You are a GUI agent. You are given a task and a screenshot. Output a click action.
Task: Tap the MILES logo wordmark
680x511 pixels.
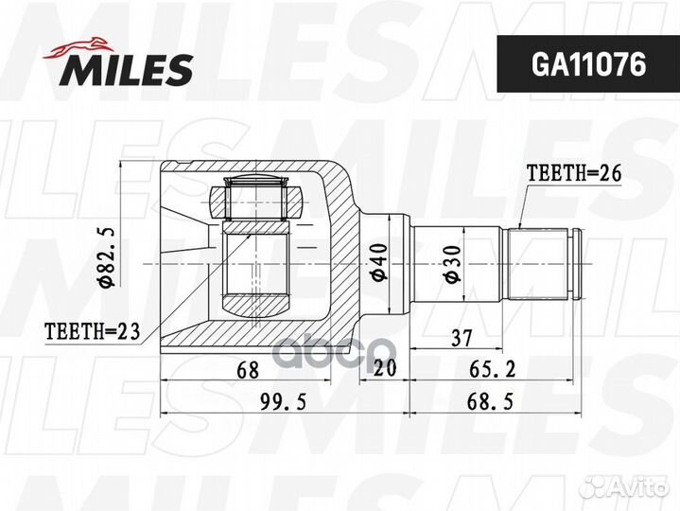click(x=129, y=68)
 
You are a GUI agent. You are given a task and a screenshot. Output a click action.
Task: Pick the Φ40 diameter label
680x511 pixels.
click(x=377, y=260)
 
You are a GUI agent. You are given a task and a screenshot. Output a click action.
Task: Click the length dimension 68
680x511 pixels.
click(x=248, y=371)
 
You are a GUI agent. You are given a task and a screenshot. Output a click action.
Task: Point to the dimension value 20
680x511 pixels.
click(x=385, y=371)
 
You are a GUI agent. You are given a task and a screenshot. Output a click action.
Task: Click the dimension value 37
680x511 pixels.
click(x=462, y=338)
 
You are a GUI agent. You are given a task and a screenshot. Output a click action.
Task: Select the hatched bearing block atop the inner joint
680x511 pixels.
click(x=254, y=202)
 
